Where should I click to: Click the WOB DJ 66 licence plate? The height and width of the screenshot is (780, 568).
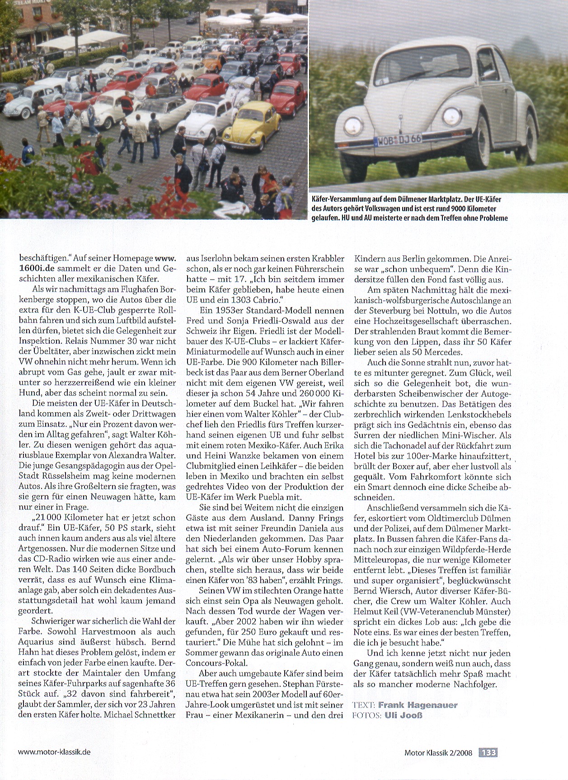click(398, 140)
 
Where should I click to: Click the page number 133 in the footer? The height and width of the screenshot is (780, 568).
click(488, 752)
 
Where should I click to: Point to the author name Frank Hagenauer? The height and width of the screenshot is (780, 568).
click(418, 705)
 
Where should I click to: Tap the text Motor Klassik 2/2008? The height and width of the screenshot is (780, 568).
click(438, 753)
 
